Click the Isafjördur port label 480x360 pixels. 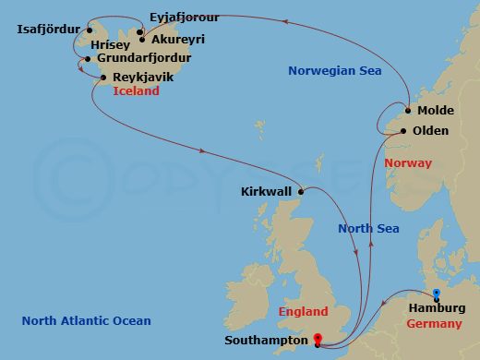pos(48,29)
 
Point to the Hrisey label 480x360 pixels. pos(111,43)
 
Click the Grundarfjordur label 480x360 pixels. pos(135,60)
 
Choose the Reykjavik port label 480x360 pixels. pos(140,77)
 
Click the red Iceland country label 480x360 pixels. pos(136,91)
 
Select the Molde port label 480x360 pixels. pos(435,110)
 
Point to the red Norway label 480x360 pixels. pos(407,163)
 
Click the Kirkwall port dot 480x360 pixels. pos(301,191)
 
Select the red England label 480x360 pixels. pos(303,312)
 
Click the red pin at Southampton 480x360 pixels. pos(317,340)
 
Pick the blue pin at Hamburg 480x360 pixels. pos(437,295)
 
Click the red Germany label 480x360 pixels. pos(435,323)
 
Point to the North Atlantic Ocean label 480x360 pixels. pos(86,320)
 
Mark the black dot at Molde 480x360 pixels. pos(409,111)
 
